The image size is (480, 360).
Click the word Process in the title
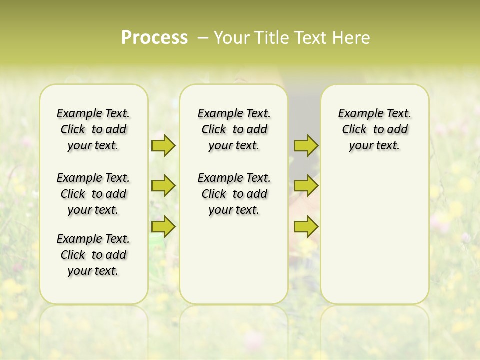(154, 38)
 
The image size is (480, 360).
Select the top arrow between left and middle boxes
(163, 146)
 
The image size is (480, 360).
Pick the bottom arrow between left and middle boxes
(163, 226)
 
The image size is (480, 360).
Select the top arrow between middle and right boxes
(306, 146)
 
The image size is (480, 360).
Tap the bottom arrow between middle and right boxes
(306, 226)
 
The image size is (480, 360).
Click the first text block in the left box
(93, 129)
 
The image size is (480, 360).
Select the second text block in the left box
(93, 194)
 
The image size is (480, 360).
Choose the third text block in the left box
(93, 255)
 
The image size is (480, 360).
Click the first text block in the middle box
(234, 129)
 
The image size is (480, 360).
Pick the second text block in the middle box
(234, 194)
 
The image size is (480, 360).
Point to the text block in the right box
(374, 129)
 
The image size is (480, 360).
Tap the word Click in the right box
(354, 130)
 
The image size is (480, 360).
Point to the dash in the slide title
(203, 38)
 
